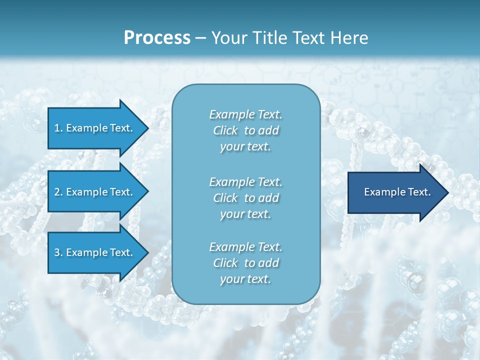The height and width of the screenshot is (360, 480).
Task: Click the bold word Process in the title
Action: (x=157, y=38)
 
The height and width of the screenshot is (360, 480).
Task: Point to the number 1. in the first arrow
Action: (x=58, y=128)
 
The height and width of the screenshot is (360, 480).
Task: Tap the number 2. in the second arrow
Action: (x=58, y=192)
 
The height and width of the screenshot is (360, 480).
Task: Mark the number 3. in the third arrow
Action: (x=58, y=252)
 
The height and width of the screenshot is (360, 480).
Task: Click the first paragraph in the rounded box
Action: (x=245, y=130)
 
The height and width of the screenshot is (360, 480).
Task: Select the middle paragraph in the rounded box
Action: (x=245, y=198)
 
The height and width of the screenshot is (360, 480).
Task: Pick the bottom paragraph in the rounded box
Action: (x=245, y=263)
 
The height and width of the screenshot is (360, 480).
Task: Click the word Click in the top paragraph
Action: (x=225, y=130)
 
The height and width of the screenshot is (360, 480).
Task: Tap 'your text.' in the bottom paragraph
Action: (x=245, y=279)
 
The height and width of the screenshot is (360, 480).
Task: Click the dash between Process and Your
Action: (x=201, y=38)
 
